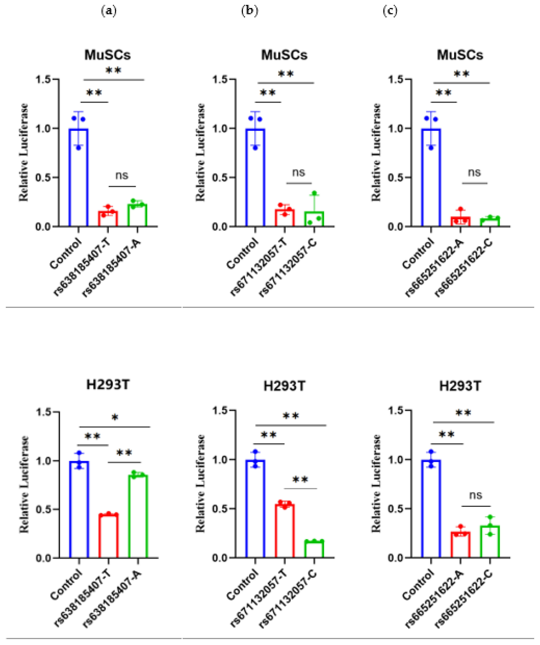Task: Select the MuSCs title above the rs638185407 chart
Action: pos(107,55)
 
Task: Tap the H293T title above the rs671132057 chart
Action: pos(284,386)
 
